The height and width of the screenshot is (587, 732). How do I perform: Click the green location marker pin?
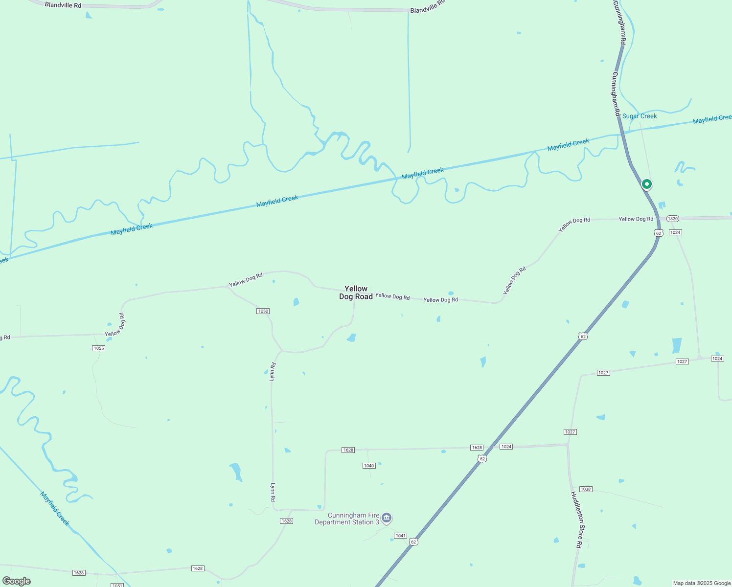pos(646,184)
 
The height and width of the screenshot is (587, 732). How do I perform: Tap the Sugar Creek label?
pos(640,116)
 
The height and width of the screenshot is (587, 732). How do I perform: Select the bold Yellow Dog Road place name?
pos(356,293)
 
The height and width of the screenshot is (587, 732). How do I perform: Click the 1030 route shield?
pos(263,311)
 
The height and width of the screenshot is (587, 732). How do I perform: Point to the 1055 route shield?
pos(98,348)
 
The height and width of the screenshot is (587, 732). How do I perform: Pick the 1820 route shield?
pos(673,219)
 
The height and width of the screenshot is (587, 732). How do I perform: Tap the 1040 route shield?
pos(369,466)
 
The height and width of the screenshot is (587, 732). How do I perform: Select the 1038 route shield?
pos(586,489)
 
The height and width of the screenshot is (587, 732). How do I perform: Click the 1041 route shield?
pos(401,536)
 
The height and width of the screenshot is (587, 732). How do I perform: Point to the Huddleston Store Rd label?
pos(576,519)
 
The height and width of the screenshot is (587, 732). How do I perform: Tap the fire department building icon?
pos(387,518)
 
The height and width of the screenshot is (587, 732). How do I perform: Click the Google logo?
pos(17,581)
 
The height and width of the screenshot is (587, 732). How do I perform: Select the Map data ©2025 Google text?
pos(702,583)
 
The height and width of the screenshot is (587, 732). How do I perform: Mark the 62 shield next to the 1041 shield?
pos(414,542)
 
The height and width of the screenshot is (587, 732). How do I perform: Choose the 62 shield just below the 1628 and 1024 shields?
pos(482,459)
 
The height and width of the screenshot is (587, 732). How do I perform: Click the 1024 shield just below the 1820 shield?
pos(675,232)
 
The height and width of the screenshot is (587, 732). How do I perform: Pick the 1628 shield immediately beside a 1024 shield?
pos(477,448)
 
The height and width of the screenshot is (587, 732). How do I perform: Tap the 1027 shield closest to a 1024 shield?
pos(682,361)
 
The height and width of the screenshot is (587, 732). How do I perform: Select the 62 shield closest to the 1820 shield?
pos(659,233)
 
